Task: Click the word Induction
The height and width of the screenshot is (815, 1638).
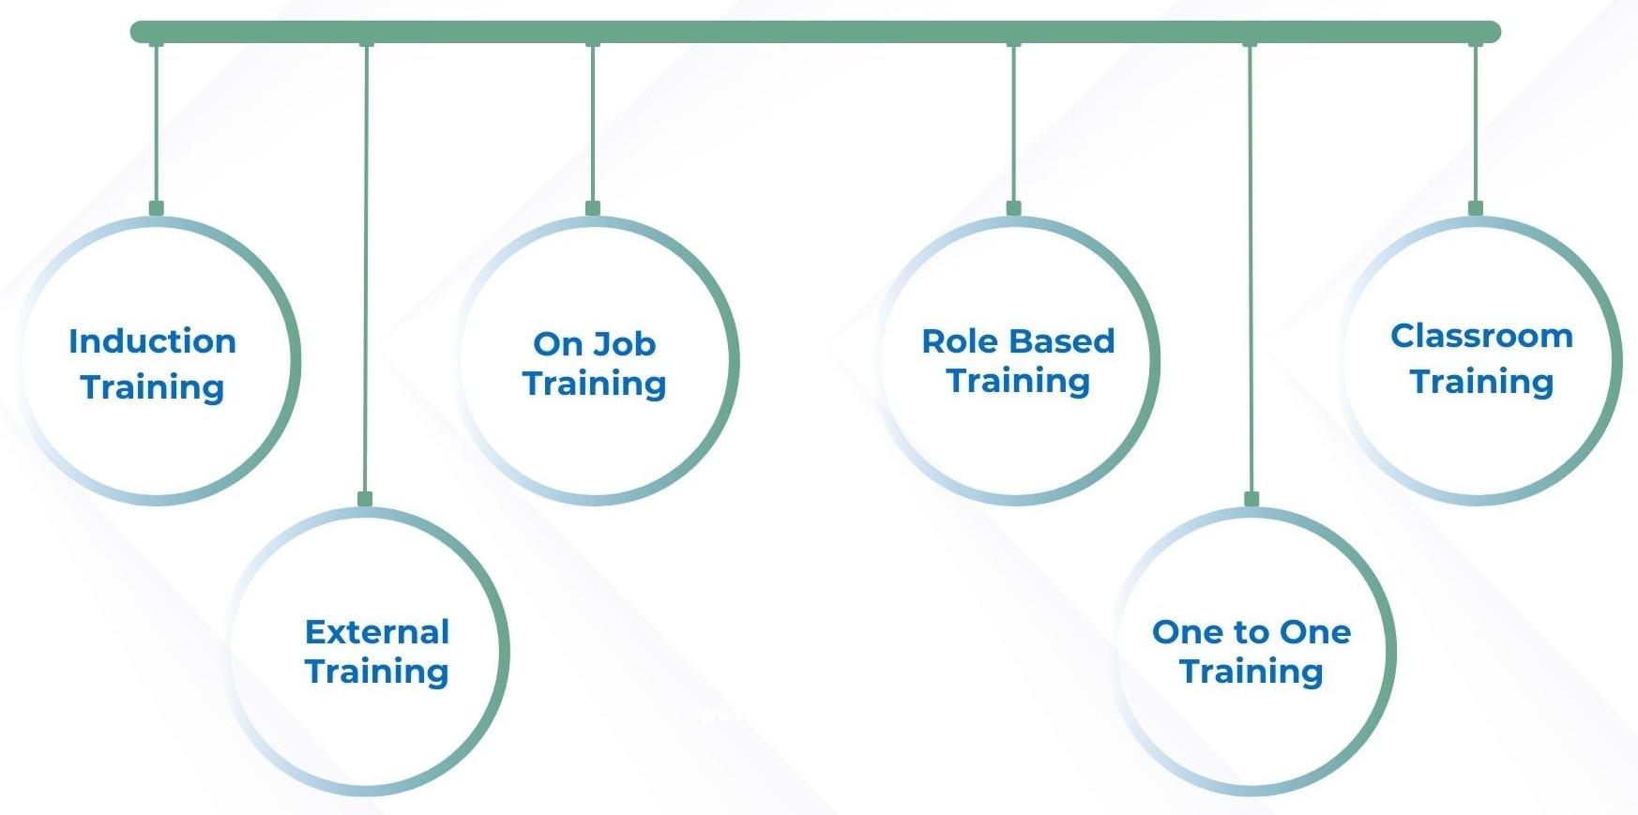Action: pos(152,341)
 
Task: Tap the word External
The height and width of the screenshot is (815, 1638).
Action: pos(377,632)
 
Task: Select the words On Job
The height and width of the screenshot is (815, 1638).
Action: pos(595,344)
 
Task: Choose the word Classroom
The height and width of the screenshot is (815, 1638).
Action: pos(1481,336)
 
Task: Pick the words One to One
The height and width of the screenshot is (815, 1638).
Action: pos(1251,632)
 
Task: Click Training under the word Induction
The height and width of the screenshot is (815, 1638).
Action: pos(152,388)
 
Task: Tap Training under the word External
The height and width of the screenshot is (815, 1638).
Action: pos(377,672)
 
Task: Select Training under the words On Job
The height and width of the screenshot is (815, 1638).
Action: pos(595,385)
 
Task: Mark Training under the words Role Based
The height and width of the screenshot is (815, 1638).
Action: pos(1018,382)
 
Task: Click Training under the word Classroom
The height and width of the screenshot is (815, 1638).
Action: pos(1481,383)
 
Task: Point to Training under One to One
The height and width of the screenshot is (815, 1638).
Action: pos(1251,672)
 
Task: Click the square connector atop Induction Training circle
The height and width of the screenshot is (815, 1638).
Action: pos(157,208)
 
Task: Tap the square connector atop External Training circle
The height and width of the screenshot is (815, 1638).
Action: pos(365,499)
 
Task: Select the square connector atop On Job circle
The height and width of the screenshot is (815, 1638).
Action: pos(593,208)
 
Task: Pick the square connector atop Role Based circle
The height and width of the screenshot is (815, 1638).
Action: pos(1013,208)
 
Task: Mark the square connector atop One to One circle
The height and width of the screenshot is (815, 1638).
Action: pos(1251,499)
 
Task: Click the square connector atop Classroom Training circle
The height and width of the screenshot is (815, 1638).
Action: pos(1476,208)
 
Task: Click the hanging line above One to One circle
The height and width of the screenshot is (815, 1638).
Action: pos(1250,268)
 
